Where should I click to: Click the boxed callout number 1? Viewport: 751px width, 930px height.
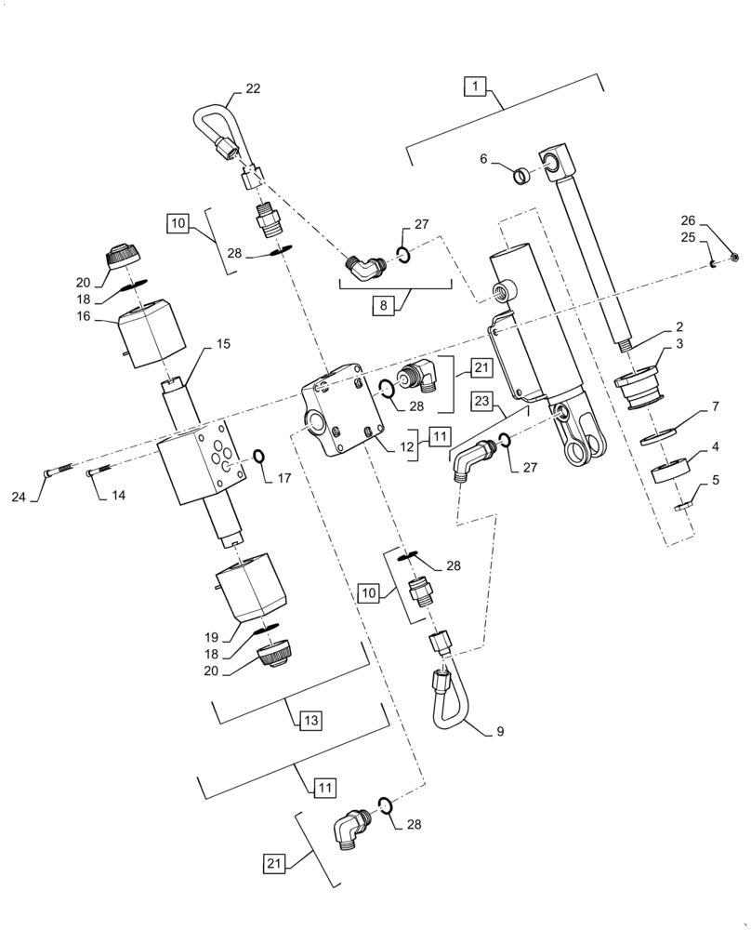(x=475, y=87)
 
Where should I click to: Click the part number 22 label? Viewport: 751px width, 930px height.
(x=253, y=89)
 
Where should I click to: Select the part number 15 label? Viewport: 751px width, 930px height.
(x=223, y=344)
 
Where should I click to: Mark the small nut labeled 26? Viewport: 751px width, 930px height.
(x=733, y=256)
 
